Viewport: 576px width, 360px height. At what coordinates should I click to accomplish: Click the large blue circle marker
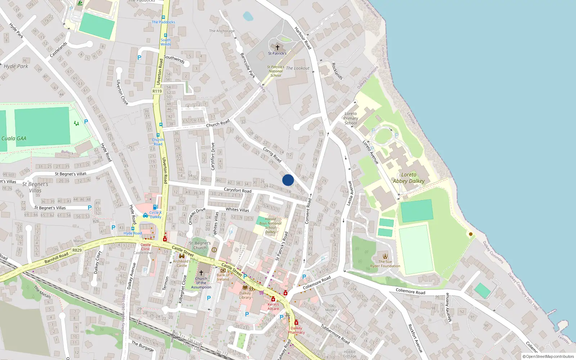coord(288,180)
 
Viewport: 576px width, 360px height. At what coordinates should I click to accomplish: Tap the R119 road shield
coord(157,91)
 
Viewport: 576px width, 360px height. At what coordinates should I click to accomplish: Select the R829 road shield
coord(77,250)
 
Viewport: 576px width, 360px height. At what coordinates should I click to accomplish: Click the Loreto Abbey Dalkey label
coord(409,178)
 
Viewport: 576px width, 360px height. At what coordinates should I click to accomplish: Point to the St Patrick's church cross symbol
coord(278,47)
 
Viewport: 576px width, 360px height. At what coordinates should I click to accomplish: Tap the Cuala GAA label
coord(14,138)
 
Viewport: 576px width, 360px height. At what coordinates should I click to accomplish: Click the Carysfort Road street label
coord(238,190)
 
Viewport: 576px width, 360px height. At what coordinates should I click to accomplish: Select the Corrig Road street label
coord(272,154)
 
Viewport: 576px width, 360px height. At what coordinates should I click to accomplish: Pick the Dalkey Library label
coord(245,295)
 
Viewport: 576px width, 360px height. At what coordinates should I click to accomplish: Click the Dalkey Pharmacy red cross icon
coord(296,322)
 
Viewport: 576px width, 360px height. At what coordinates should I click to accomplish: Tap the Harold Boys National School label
coord(270,225)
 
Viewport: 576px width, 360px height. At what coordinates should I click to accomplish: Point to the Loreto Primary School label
coord(351,118)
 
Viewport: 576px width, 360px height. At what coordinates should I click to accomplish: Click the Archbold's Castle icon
coord(182,256)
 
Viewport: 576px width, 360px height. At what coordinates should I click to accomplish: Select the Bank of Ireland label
coord(223,277)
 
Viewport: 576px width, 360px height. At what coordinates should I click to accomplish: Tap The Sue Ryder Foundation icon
coord(385,256)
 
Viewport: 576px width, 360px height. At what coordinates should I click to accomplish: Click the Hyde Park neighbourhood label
coord(16,66)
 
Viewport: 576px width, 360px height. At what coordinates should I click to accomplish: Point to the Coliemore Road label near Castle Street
coord(316,283)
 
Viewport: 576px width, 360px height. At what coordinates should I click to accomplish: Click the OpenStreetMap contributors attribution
coord(548,357)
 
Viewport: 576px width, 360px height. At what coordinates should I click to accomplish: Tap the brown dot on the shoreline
coord(471,234)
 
